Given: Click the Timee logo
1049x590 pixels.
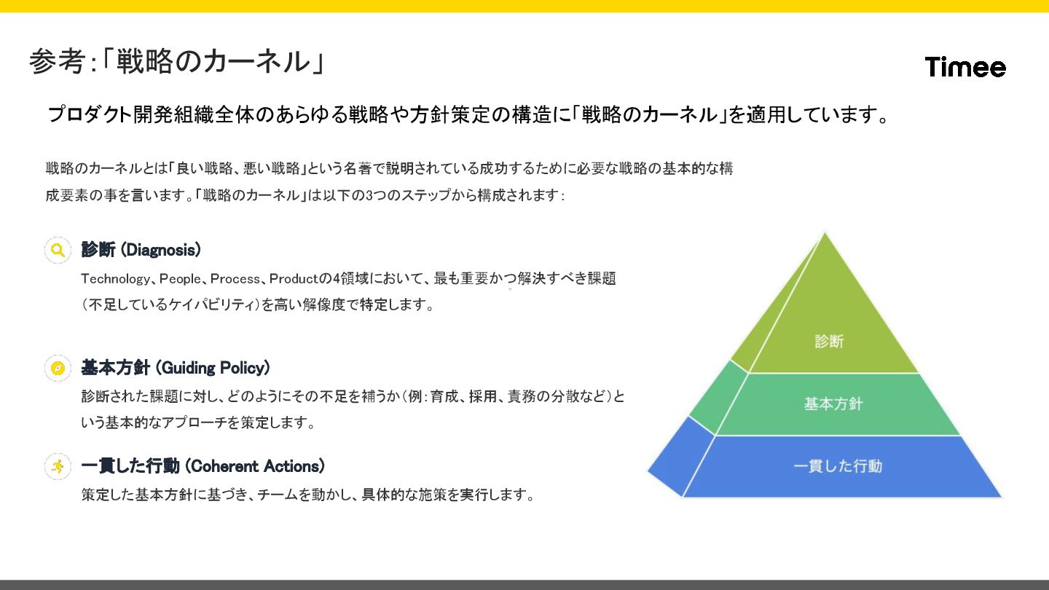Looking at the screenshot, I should pyautogui.click(x=965, y=67).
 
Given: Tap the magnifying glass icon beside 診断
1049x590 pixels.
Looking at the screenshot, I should pyautogui.click(x=58, y=250).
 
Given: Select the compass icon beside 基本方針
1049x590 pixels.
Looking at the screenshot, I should pyautogui.click(x=58, y=368).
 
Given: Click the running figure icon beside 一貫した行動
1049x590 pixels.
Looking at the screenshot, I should pyautogui.click(x=58, y=466).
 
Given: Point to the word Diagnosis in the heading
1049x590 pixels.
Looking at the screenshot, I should pyautogui.click(x=160, y=250).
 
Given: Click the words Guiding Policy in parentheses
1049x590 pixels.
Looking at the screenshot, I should pyautogui.click(x=213, y=368).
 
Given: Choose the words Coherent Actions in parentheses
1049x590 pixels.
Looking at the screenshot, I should pyautogui.click(x=255, y=466).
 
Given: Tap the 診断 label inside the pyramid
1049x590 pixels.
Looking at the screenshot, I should pyautogui.click(x=829, y=341).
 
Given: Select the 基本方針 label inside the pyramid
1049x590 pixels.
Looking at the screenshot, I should pyautogui.click(x=833, y=404).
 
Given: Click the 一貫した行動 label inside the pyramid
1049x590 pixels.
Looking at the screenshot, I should pyautogui.click(x=838, y=466).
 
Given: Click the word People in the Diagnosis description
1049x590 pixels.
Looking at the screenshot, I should pyautogui.click(x=179, y=279).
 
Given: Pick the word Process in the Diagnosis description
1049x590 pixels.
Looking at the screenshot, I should pyautogui.click(x=236, y=279).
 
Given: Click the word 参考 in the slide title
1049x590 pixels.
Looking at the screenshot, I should pyautogui.click(x=58, y=62).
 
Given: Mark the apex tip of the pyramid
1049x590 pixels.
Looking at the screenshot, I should pyautogui.click(x=825, y=234).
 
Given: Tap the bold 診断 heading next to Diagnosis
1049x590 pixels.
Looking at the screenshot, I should pyautogui.click(x=98, y=250).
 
